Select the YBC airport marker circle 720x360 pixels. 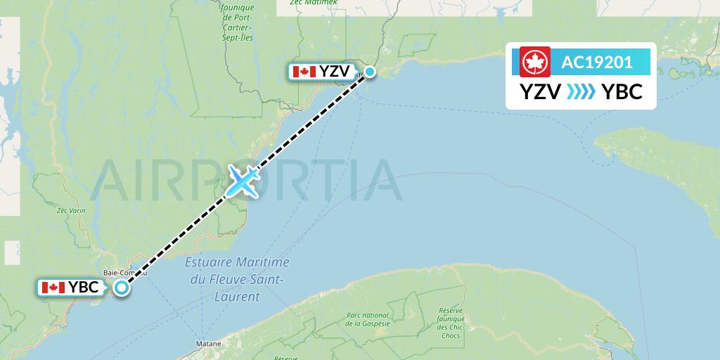pos(122,287)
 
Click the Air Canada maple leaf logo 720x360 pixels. pos(534,62)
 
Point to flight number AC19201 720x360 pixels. pos(597,62)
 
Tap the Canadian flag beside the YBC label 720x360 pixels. pos(53,287)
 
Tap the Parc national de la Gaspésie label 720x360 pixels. pos(367,319)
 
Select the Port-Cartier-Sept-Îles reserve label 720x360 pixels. pos(236,21)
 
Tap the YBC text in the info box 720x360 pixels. pos(622,91)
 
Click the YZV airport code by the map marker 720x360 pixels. pos(335,72)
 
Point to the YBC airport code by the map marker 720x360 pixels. pos(84,287)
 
